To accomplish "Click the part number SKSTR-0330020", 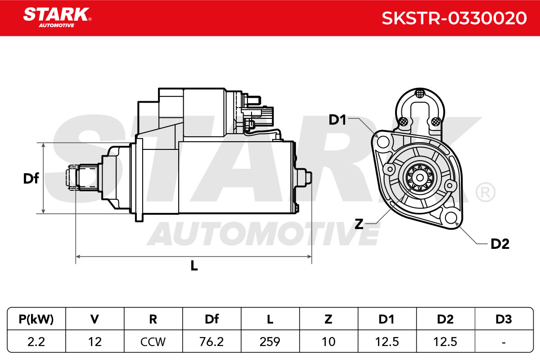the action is tap(454, 18).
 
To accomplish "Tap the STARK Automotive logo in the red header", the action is tap(57, 18).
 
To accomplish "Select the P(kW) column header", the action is tap(36, 319).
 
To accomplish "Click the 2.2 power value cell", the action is tap(36, 342).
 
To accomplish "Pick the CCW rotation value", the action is tap(153, 342).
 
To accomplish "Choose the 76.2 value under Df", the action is tap(211, 342).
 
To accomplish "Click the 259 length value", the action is tap(270, 342).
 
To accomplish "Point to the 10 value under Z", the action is tap(328, 342).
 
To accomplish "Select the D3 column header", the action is tap(504, 319).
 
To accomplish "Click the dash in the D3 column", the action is tap(504, 342).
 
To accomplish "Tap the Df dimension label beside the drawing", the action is tap(31, 179).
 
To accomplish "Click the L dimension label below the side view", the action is tap(194, 265).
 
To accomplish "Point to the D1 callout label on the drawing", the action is tap(337, 120).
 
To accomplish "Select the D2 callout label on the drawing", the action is tap(500, 244).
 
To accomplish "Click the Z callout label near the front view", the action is tap(359, 224).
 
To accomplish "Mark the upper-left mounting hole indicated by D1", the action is tap(383, 142).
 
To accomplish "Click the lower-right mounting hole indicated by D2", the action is tap(451, 217).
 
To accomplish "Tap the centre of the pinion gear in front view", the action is tap(420, 178).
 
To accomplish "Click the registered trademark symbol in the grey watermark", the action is tap(485, 192).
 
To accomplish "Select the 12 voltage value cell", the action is tap(95, 342).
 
